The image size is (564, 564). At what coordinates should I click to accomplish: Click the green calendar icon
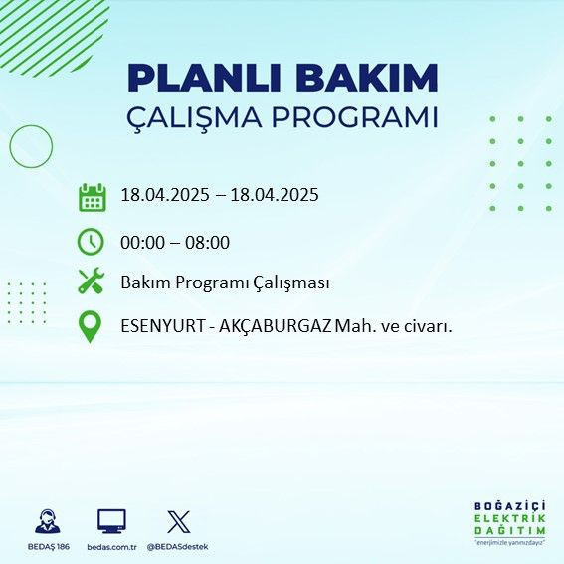coord(92,196)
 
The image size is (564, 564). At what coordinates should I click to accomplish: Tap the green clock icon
coord(91,242)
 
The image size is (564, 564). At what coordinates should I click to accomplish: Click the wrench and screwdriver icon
coord(91,282)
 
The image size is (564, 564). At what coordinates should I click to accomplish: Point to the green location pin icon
coord(91,326)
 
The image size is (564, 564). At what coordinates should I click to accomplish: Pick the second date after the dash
coord(275,195)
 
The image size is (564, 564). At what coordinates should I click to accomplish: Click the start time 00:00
coord(142,242)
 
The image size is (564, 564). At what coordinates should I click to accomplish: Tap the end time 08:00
coord(208,242)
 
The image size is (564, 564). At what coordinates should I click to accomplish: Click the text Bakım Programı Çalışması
coord(225,283)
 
